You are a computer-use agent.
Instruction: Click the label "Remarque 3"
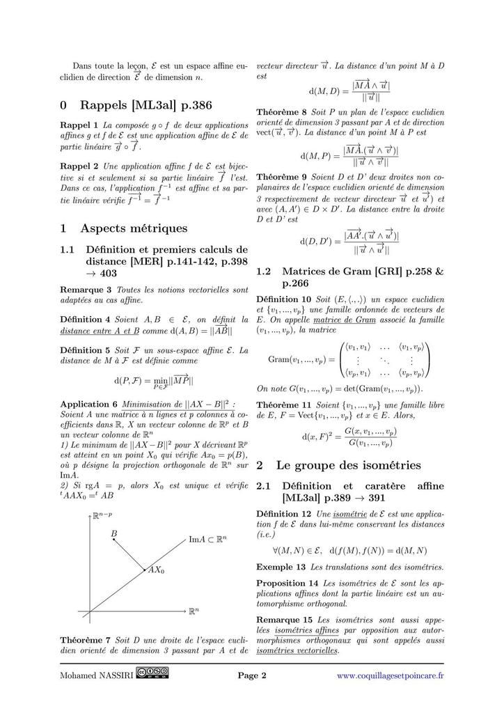point(86,289)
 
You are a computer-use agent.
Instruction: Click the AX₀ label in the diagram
point(156,570)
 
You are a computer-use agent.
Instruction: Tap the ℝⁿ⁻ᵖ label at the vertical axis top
point(105,517)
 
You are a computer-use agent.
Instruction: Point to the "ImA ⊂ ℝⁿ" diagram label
point(212,538)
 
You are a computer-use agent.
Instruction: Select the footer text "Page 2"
point(252,675)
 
